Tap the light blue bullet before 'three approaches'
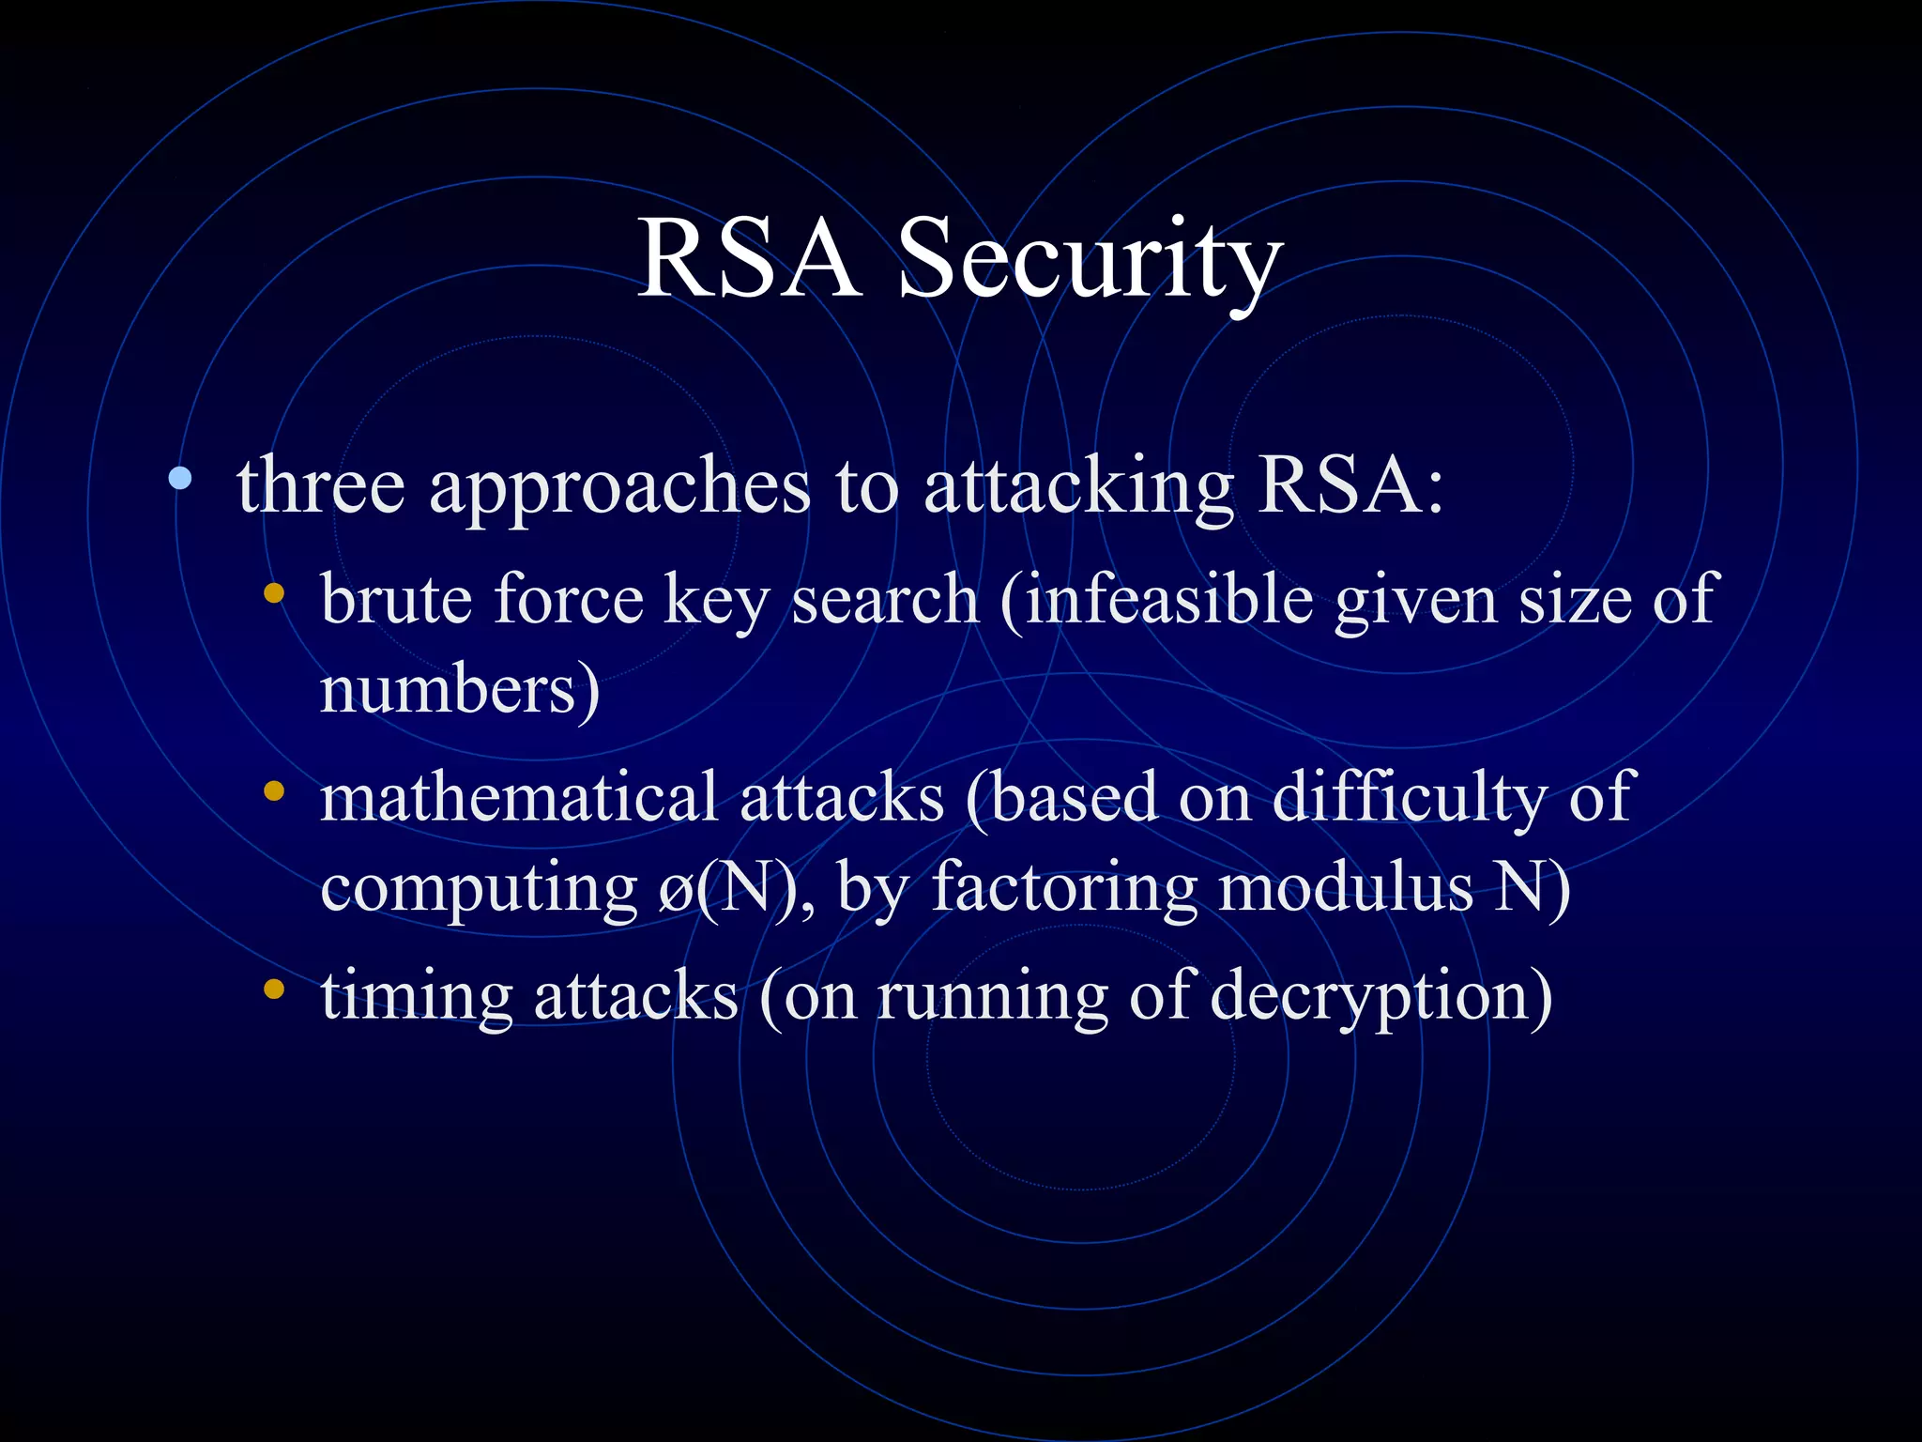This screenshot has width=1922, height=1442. [180, 480]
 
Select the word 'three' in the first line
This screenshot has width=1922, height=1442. [321, 486]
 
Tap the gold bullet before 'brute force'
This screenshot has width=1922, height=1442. [274, 592]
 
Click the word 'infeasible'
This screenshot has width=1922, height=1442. [1168, 599]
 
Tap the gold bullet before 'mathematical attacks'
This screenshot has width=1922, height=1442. [274, 790]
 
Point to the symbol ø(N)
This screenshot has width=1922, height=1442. [726, 887]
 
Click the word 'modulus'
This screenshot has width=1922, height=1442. [1345, 887]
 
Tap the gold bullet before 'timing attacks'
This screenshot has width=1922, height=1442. [274, 989]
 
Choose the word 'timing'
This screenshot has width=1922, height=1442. [416, 997]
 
